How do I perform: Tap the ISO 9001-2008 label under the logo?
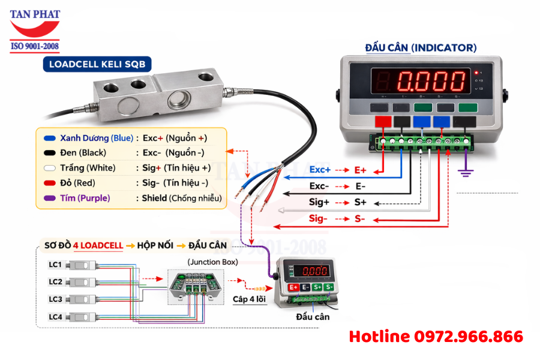point(34,46)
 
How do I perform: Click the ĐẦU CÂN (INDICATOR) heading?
point(421,47)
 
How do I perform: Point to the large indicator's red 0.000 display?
point(433,80)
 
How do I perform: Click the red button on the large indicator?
point(382,122)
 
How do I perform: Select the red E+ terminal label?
point(360,170)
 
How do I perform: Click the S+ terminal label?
point(361,202)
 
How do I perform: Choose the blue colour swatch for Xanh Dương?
point(50,138)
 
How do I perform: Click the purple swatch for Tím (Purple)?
point(50,198)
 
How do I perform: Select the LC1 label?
point(55,265)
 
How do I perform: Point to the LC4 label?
point(55,316)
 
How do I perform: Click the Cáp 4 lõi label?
point(248,298)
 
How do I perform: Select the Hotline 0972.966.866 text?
point(436,337)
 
